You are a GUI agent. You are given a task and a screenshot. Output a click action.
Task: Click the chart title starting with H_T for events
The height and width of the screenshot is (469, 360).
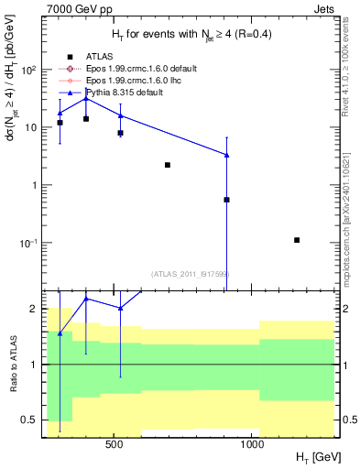[x=191, y=35]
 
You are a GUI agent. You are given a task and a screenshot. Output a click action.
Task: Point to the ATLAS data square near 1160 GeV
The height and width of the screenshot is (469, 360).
[x=297, y=240]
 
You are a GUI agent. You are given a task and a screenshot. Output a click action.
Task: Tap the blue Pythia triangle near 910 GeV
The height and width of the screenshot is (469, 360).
[x=226, y=155]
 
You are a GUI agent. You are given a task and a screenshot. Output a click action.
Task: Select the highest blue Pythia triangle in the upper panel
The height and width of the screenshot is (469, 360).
[x=86, y=98]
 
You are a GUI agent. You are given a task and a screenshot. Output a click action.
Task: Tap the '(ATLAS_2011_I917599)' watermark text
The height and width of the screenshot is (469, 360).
[x=191, y=273]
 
